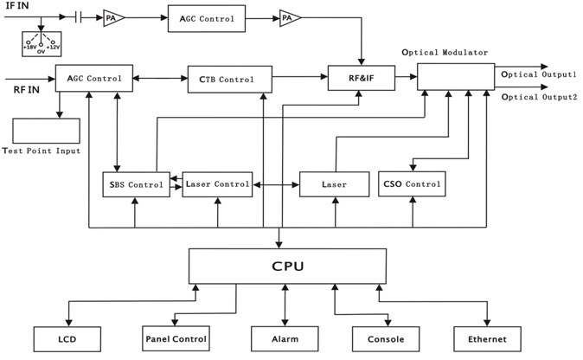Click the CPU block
(287, 266)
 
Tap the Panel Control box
(177, 338)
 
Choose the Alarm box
(285, 338)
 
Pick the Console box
(386, 338)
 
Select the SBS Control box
(135, 184)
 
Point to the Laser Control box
(217, 184)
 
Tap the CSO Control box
(413, 184)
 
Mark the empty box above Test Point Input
(46, 131)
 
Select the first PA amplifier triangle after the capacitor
(113, 17)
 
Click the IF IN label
(16, 6)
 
